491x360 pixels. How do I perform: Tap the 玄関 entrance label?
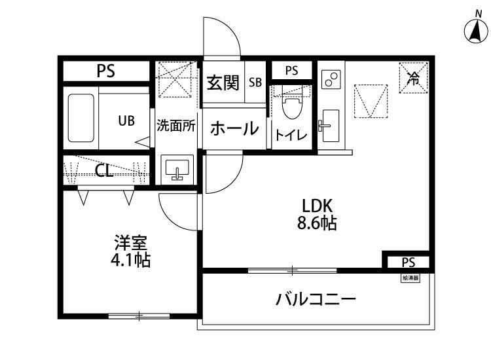tap(223, 83)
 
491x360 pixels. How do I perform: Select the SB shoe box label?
tap(255, 83)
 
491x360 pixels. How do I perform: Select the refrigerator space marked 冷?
tap(412, 79)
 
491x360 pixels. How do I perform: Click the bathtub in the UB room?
tap(82, 120)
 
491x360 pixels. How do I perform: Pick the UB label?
tap(126, 120)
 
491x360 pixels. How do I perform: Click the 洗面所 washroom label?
tap(176, 126)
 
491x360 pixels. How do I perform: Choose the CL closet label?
tap(103, 171)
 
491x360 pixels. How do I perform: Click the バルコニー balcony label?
tap(316, 300)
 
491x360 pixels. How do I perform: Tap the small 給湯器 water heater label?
tap(410, 278)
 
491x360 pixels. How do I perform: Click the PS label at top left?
tap(106, 71)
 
